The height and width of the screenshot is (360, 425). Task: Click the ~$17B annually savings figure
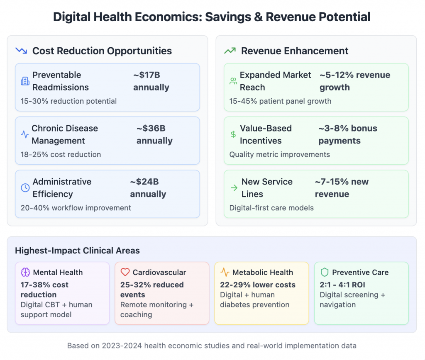pos(151,81)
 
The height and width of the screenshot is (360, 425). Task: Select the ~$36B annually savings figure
pos(154,135)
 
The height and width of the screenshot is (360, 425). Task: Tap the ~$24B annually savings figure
pos(148,188)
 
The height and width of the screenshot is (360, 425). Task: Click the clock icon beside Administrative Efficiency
pos(25,188)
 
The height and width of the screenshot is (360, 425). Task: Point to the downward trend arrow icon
pos(21,51)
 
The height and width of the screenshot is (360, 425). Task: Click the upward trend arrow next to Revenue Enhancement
pos(230,51)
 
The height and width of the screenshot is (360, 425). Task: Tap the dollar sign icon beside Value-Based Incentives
pos(233,134)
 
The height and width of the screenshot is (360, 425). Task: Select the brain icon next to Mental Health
pos(26,272)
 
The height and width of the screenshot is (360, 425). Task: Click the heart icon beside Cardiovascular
pos(125,272)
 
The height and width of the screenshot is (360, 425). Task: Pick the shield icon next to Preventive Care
pos(325,272)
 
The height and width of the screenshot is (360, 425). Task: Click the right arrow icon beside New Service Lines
pos(234,188)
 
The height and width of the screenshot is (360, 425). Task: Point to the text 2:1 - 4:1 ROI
pos(342,285)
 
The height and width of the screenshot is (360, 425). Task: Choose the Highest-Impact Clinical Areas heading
pos(77,251)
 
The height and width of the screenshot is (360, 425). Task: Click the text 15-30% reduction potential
pos(68,101)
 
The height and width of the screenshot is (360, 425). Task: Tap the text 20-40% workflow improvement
pos(76,208)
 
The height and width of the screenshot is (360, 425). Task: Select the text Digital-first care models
pos(272,208)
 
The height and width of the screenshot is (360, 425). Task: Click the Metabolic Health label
pos(262,272)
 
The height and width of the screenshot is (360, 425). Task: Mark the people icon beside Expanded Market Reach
pos(233,81)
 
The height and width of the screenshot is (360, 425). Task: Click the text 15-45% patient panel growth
pos(280,101)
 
